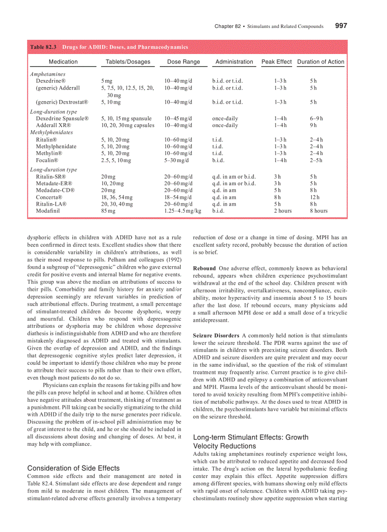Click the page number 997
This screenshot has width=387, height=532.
coord(341,26)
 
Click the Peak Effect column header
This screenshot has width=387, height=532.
coord(276,62)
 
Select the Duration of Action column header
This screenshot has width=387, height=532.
coord(321,62)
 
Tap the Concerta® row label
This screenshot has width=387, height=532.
coord(49,197)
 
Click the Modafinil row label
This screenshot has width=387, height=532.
coord(47,211)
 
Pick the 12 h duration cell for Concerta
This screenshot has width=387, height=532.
coord(314,197)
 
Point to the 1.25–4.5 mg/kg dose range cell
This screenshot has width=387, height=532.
coord(183,211)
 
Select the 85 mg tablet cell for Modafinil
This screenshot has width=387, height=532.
coord(108,211)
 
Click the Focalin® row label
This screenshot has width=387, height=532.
coord(47,161)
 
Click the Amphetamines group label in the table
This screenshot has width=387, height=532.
coord(47,74)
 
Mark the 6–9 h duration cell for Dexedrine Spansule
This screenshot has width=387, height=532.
coord(316,118)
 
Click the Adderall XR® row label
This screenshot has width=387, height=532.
coord(53,126)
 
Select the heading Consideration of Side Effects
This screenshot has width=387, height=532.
coord(74,468)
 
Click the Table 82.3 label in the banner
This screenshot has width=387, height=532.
coord(44,47)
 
